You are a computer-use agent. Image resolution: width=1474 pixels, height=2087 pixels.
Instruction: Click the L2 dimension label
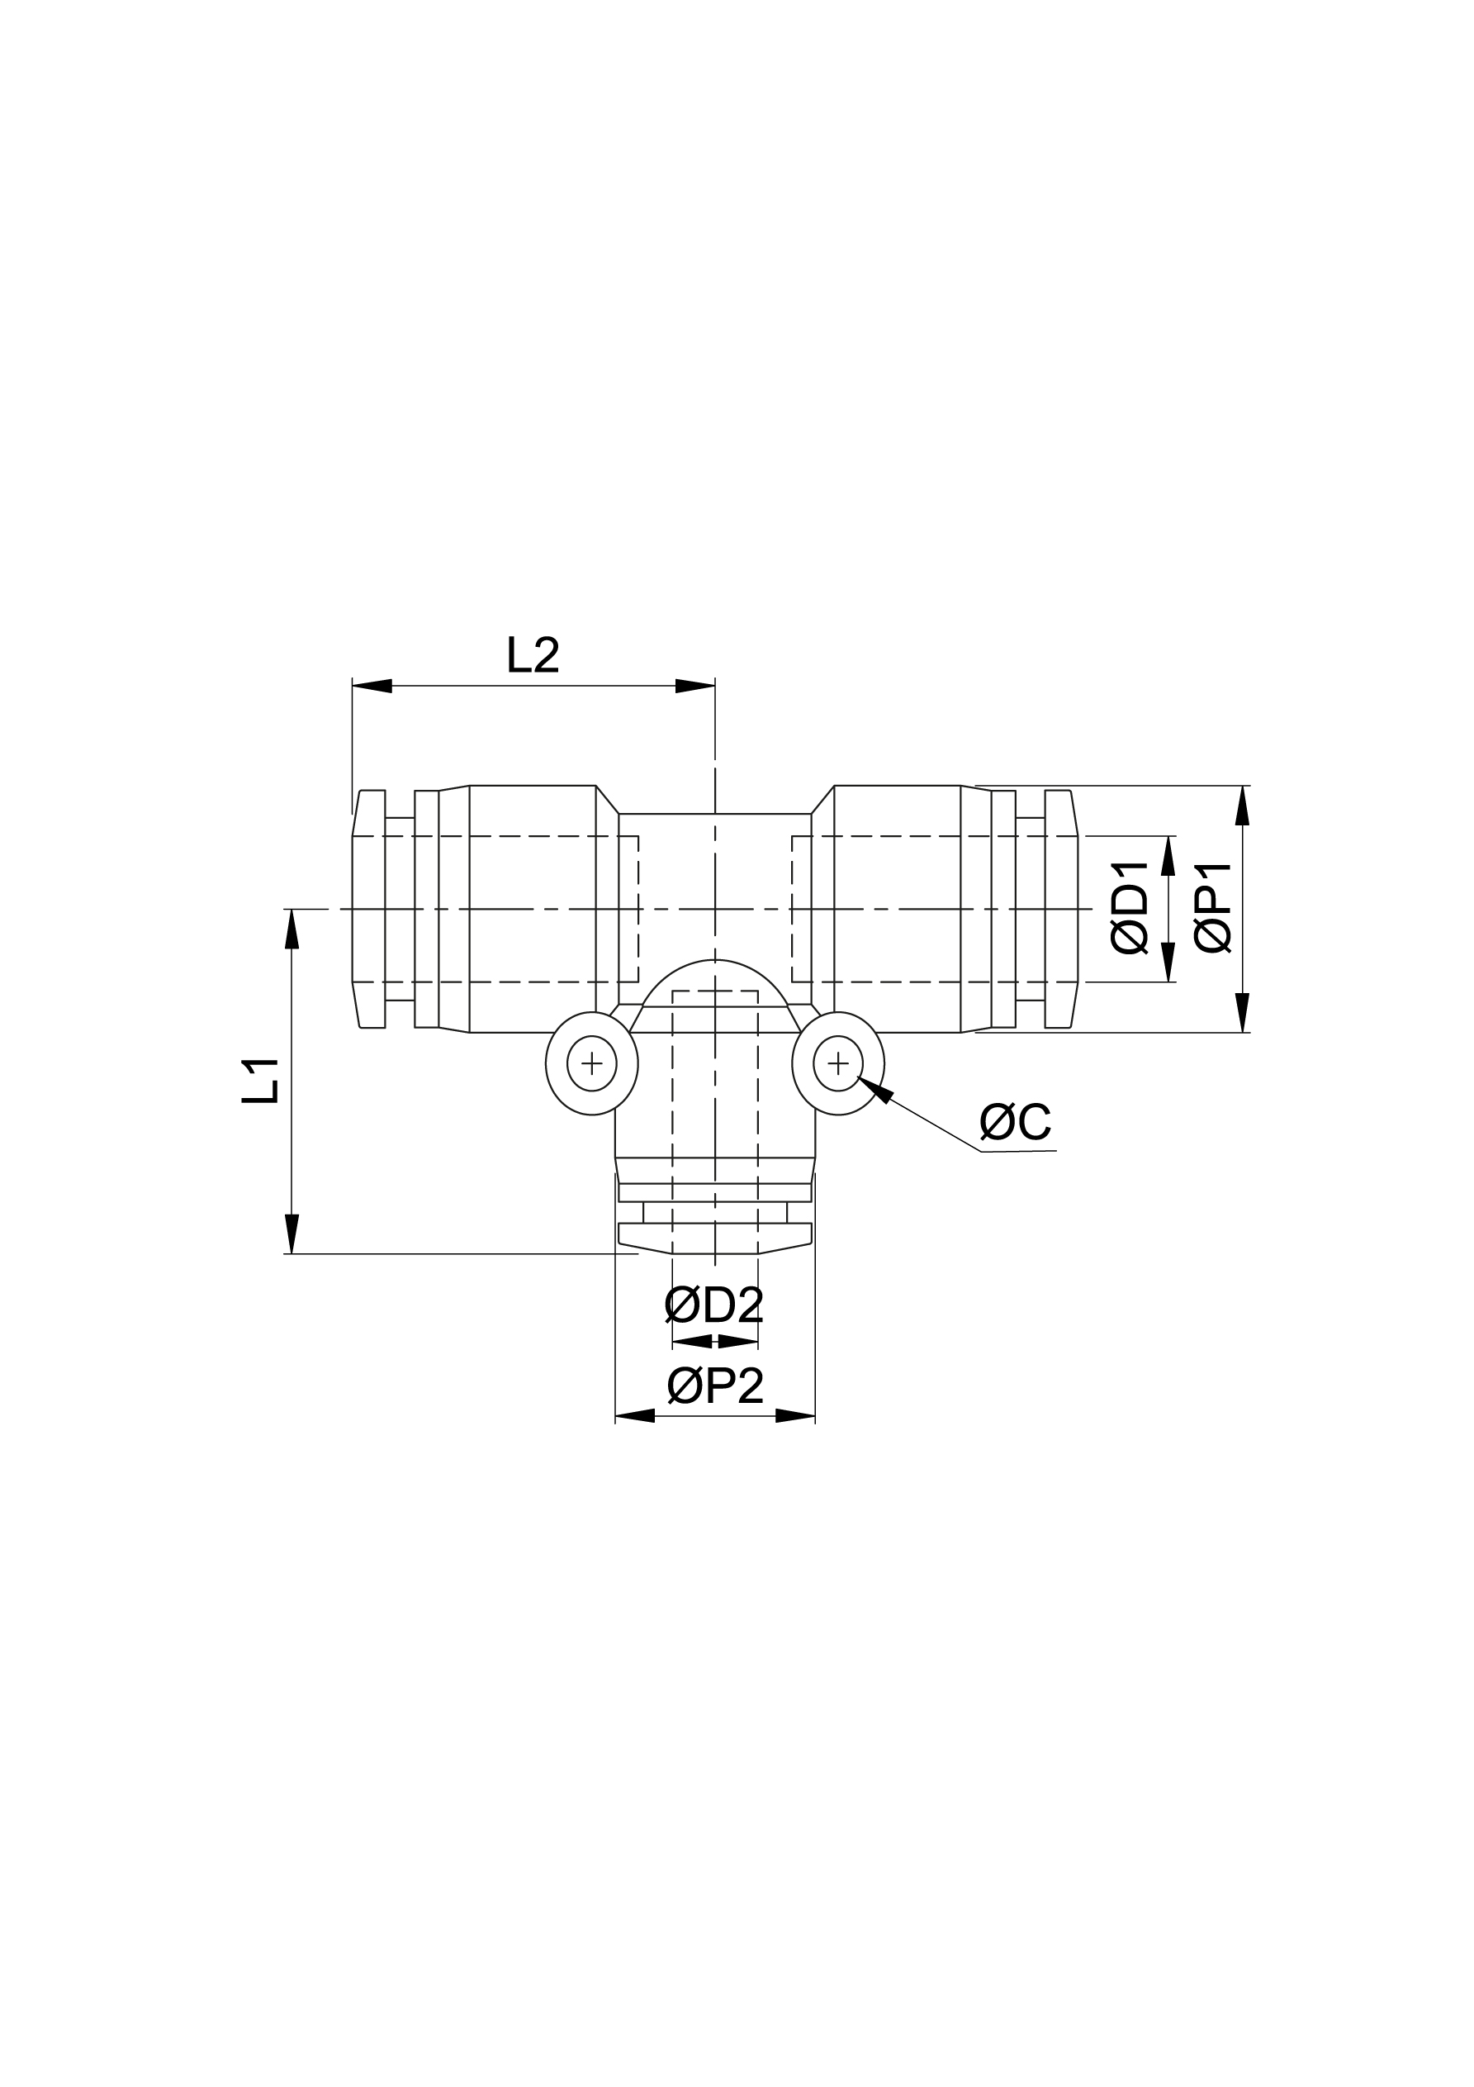click(x=533, y=655)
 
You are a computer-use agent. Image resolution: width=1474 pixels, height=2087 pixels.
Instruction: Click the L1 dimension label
click(x=261, y=1080)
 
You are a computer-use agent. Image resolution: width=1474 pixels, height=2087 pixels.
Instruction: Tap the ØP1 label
click(x=1214, y=909)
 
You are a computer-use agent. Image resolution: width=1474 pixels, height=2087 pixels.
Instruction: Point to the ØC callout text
click(x=1015, y=1123)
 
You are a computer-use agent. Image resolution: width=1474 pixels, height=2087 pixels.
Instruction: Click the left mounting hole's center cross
click(x=591, y=1063)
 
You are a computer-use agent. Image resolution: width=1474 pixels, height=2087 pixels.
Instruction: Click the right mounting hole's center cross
click(x=838, y=1063)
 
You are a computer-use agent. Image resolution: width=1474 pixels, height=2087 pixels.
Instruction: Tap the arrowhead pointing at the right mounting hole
click(x=876, y=1088)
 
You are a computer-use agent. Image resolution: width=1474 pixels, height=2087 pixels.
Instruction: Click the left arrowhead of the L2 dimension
click(x=372, y=686)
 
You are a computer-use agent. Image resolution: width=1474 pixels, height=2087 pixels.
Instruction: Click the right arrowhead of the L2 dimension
click(x=695, y=686)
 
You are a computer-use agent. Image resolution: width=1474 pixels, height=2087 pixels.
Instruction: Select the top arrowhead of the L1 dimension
click(x=291, y=929)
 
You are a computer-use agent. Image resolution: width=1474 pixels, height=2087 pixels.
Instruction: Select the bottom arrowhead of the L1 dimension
click(x=291, y=1234)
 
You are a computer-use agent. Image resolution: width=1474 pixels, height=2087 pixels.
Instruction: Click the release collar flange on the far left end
click(x=369, y=909)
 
